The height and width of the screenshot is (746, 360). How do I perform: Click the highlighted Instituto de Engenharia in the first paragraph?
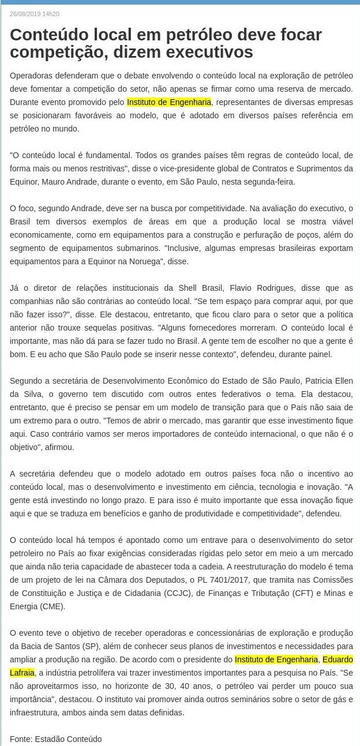coord(170,102)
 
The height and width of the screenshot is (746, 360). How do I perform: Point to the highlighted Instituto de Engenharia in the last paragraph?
coord(276,659)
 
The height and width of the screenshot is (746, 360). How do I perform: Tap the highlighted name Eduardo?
coord(337,659)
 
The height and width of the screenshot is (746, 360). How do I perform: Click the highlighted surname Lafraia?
coord(22,673)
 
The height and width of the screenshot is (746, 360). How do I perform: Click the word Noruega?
coord(167,261)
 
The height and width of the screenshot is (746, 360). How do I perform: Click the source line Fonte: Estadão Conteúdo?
coord(55,739)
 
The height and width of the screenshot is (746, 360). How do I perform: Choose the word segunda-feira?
coord(270,182)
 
